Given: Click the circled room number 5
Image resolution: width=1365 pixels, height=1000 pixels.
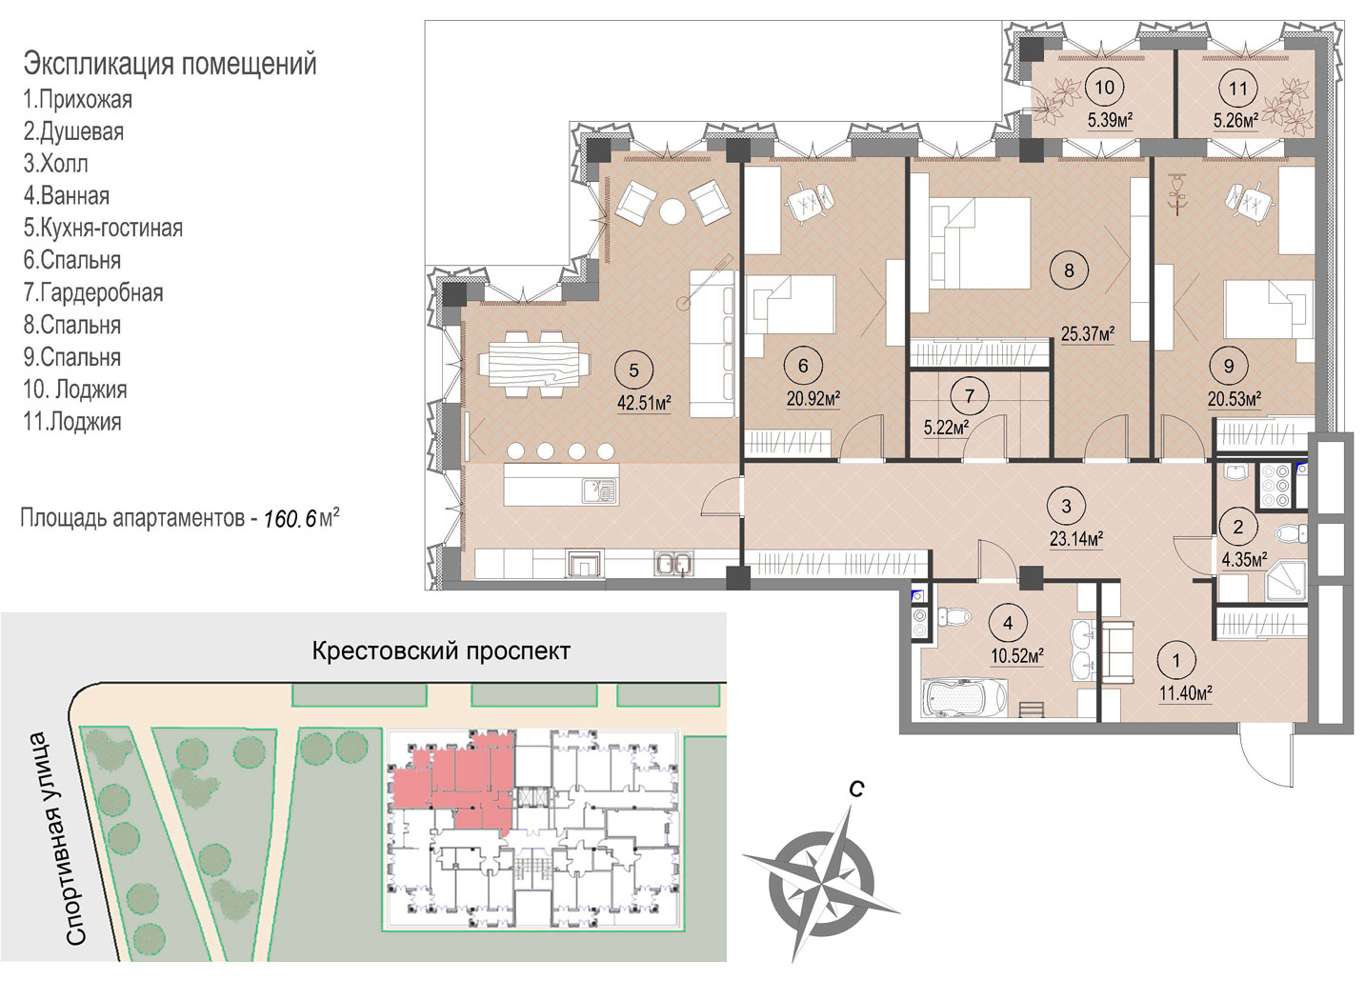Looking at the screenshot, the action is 633,370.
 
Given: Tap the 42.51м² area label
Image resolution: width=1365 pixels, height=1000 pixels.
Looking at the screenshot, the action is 644,404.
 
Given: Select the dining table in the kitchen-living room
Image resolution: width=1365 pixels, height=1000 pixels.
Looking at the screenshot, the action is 533,365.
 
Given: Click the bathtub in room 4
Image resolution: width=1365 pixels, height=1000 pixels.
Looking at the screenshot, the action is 965,698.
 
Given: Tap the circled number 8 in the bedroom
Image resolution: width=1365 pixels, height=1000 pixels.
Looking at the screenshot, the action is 1069,270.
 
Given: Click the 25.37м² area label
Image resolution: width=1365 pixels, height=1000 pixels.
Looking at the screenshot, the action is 1088,334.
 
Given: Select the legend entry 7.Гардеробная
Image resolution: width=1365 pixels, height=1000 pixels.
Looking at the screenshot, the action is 93,293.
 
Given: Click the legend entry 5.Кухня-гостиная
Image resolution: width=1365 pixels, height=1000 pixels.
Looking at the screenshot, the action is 103,228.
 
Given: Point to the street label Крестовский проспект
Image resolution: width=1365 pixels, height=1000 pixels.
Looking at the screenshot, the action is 441,650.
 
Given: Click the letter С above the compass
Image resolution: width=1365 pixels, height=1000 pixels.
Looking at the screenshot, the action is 856,790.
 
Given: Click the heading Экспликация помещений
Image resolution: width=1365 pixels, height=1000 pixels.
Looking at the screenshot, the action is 170,64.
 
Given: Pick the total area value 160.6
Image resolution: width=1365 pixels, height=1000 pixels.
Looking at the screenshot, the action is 291,518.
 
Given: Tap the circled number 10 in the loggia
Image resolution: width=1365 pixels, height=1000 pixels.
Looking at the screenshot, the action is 1105,88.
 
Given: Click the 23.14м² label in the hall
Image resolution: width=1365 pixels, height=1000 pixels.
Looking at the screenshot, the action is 1076,539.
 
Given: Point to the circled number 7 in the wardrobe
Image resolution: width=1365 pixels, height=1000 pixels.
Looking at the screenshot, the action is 970,396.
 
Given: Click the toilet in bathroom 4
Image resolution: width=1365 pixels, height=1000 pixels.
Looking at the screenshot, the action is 953,616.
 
